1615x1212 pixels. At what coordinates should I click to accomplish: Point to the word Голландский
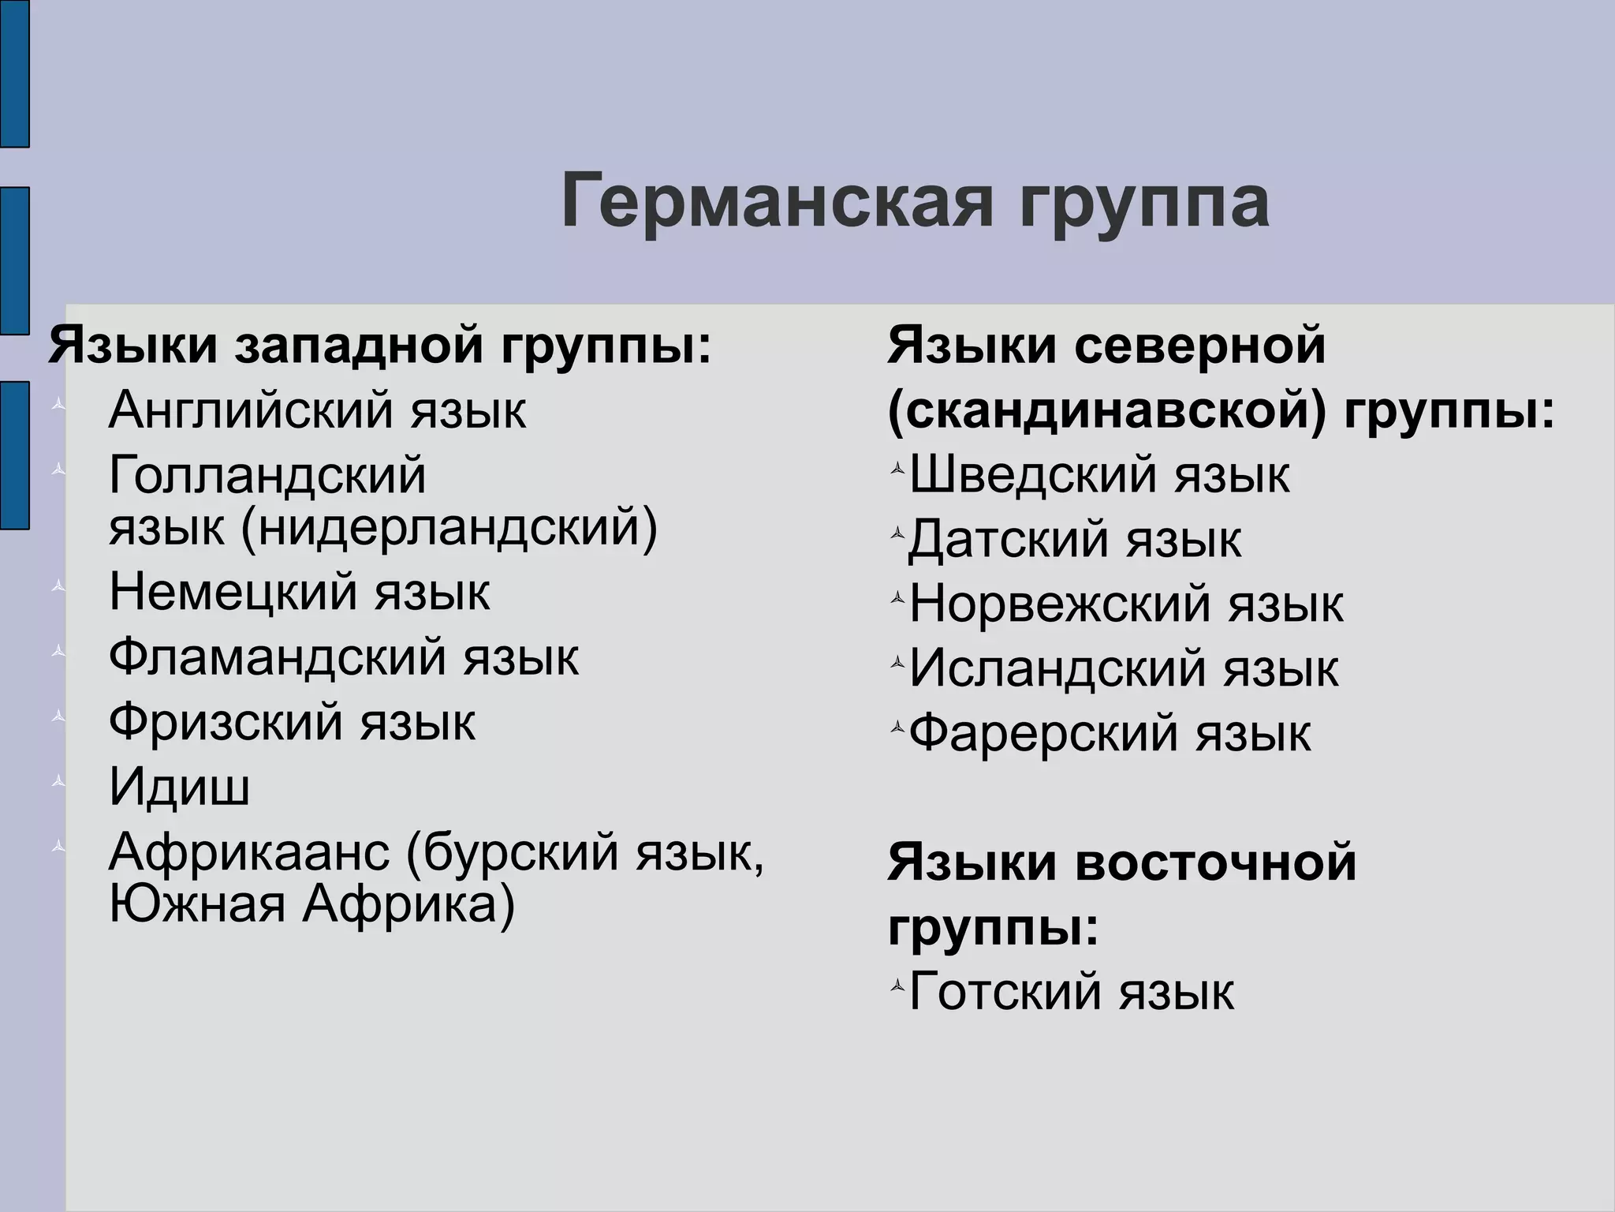(x=267, y=475)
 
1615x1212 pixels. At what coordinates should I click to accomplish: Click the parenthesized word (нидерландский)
(x=449, y=527)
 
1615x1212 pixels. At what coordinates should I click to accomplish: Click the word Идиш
(x=180, y=787)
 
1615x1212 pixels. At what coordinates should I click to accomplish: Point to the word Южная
(x=197, y=904)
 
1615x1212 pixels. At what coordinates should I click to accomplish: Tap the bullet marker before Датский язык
(x=897, y=534)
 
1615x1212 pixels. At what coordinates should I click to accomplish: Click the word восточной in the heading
(x=1215, y=862)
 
